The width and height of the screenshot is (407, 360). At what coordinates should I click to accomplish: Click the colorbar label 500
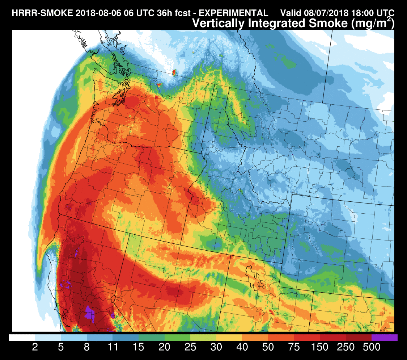[x=371, y=348]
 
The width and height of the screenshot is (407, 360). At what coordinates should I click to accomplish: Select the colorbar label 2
[x=35, y=348]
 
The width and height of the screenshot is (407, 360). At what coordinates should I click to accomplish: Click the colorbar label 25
[x=190, y=348]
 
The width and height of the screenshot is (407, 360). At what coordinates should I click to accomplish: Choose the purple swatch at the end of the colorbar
[x=385, y=338]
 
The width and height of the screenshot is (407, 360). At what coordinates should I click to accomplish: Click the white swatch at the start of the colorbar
[x=22, y=338]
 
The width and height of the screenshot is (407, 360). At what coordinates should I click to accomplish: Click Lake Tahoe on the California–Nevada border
[x=114, y=300]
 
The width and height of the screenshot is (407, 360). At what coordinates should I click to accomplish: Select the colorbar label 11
[x=113, y=348]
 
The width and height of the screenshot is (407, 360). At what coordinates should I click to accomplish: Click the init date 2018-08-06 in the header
[x=93, y=13]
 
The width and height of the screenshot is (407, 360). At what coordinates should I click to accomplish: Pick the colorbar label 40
[x=242, y=348]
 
